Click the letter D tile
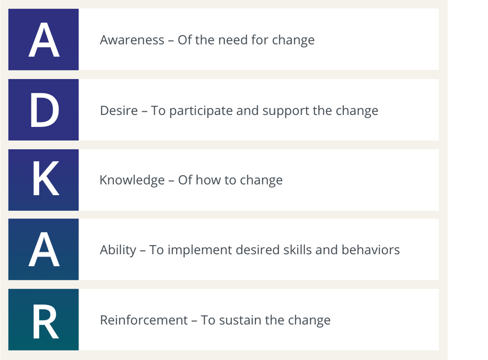tap(43, 110)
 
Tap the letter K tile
tap(43, 179)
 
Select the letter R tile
tap(43, 319)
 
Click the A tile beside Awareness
tap(43, 40)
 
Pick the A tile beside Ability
tap(43, 249)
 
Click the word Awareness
tap(132, 40)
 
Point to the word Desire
tap(119, 111)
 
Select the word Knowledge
tap(132, 180)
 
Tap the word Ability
tap(118, 250)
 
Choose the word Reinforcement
tap(144, 320)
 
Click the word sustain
tap(241, 320)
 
